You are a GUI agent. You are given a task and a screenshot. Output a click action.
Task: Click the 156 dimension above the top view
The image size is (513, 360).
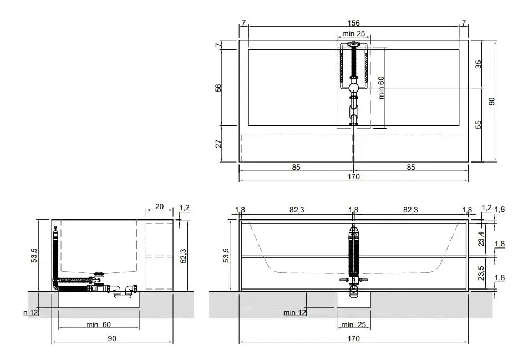point(353,23)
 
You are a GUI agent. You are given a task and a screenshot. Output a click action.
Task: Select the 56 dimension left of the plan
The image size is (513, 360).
point(218,88)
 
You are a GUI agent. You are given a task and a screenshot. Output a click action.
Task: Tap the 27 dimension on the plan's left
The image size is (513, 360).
point(218,144)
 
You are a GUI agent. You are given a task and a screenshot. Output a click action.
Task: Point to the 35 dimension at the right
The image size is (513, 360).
point(478,64)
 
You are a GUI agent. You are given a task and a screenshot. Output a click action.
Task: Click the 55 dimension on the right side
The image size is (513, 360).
point(478,125)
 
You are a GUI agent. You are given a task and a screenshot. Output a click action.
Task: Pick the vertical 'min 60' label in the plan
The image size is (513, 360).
point(381,88)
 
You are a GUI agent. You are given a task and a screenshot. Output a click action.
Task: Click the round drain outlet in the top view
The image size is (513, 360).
point(353,88)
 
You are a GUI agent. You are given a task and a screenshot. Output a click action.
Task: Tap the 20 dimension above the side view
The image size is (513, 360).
point(159,206)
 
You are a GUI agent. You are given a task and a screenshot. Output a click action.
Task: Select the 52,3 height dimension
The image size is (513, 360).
point(184,256)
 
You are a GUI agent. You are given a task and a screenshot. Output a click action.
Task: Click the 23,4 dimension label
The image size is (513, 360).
point(481,239)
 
